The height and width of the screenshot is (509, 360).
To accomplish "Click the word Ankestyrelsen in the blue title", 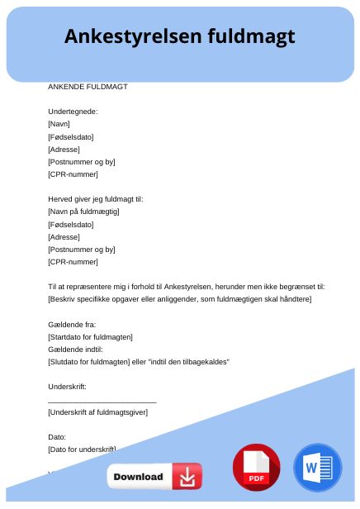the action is pos(132,36).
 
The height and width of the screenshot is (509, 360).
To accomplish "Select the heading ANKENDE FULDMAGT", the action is pos(88,86).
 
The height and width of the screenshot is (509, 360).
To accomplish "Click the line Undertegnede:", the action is pos(73,111).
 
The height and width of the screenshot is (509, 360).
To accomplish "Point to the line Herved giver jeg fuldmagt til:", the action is pos(96,199).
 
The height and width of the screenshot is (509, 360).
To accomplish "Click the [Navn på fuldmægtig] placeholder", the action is pos(83,212).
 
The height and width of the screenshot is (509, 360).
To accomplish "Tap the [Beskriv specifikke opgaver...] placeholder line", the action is pos(179,298).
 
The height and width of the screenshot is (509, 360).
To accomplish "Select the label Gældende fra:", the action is pos(72,324).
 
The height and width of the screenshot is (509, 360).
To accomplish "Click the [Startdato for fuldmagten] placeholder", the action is pos(90,336).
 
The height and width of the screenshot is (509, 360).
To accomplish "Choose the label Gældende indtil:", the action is pos(75,349).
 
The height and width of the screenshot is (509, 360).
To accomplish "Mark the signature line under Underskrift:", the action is pos(102,401).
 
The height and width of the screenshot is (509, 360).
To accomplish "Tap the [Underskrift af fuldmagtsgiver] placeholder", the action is pos(97,411).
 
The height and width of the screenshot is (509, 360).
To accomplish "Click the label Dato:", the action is pos(58,436).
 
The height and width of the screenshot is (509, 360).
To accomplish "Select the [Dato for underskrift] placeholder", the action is pos(82,449).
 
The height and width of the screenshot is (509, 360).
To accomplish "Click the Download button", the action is pos(154,477).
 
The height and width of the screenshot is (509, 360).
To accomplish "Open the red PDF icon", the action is pos(257,468).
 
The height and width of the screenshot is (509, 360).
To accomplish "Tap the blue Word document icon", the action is pos(317,468).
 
